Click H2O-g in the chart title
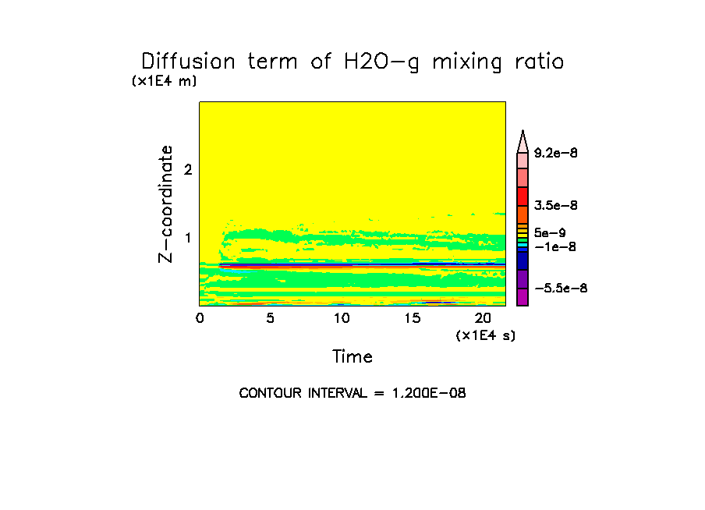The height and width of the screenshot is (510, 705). click(378, 62)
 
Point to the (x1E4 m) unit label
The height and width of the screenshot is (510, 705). click(164, 81)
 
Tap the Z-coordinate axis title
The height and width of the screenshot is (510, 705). click(165, 204)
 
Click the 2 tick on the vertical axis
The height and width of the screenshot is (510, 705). click(188, 170)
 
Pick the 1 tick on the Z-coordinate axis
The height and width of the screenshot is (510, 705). click(188, 238)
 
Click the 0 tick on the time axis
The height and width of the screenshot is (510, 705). click(200, 318)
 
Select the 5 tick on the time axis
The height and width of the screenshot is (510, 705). click(270, 318)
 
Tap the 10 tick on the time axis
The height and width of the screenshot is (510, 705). click(341, 318)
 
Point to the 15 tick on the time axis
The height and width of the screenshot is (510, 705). click(412, 318)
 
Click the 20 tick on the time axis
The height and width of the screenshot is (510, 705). click(483, 318)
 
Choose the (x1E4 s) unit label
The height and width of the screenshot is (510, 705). click(485, 335)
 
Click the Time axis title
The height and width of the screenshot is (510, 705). click(352, 357)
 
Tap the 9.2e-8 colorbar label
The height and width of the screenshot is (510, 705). click(556, 154)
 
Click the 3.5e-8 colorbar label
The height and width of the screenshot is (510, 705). click(556, 206)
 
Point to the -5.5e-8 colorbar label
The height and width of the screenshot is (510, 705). click(561, 289)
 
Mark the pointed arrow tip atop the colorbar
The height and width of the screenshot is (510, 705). click(523, 133)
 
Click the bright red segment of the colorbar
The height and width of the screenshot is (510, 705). click(523, 196)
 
